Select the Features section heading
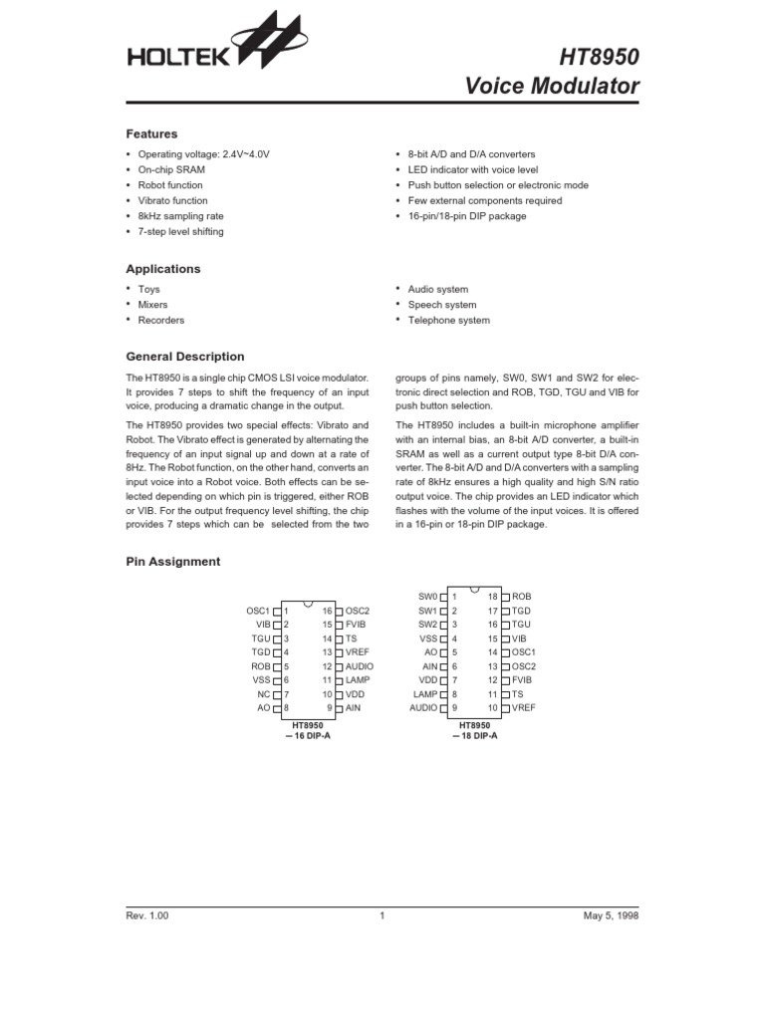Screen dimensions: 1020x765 pos(151,133)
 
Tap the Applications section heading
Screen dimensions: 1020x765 pos(162,269)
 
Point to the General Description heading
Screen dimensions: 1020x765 pos(184,357)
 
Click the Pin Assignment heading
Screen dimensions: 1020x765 pos(172,562)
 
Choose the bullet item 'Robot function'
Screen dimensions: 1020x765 pos(170,185)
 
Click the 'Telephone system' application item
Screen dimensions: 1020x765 pos(449,321)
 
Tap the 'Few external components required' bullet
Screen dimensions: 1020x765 pos(484,200)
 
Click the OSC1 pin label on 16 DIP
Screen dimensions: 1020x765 pos(258,610)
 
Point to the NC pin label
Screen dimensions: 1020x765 pos(263,693)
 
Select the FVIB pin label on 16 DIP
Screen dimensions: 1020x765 pos(357,624)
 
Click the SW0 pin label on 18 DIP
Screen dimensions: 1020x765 pos(427,597)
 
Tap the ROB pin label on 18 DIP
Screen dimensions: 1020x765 pos(522,597)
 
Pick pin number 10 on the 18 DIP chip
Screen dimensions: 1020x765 pos(492,706)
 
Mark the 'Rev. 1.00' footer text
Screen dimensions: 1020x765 pos(147,917)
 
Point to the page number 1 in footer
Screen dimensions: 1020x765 pos(382,917)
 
